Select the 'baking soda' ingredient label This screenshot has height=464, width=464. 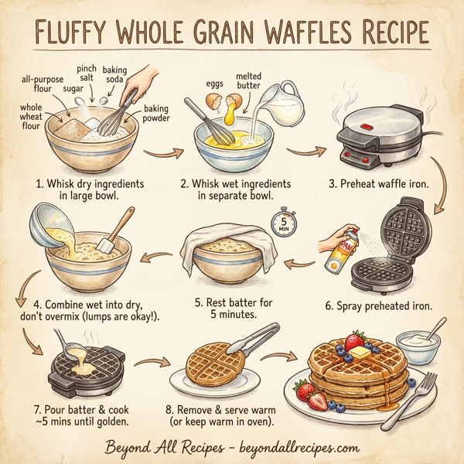click(114, 75)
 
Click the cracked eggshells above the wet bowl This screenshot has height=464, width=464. click(219, 101)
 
